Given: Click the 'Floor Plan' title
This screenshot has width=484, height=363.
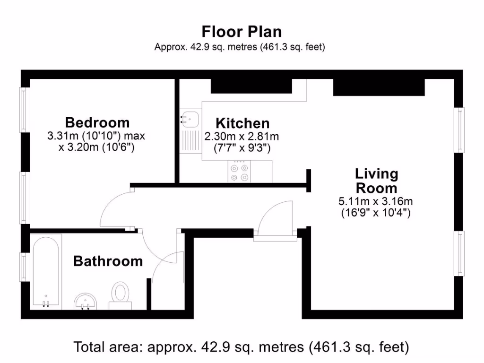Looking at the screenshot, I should [x=242, y=32].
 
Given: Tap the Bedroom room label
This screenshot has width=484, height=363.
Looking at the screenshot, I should [x=97, y=122].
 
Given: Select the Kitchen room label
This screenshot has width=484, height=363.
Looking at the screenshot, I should [x=242, y=123].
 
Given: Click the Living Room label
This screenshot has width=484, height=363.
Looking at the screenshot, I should [x=376, y=180].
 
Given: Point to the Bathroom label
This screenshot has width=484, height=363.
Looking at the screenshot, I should [x=108, y=261].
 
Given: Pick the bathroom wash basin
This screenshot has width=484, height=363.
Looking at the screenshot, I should [x=86, y=301].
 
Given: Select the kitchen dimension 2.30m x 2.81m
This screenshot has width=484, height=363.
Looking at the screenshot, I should [x=242, y=137].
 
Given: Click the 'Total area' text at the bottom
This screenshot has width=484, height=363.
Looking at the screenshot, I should [x=241, y=347].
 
